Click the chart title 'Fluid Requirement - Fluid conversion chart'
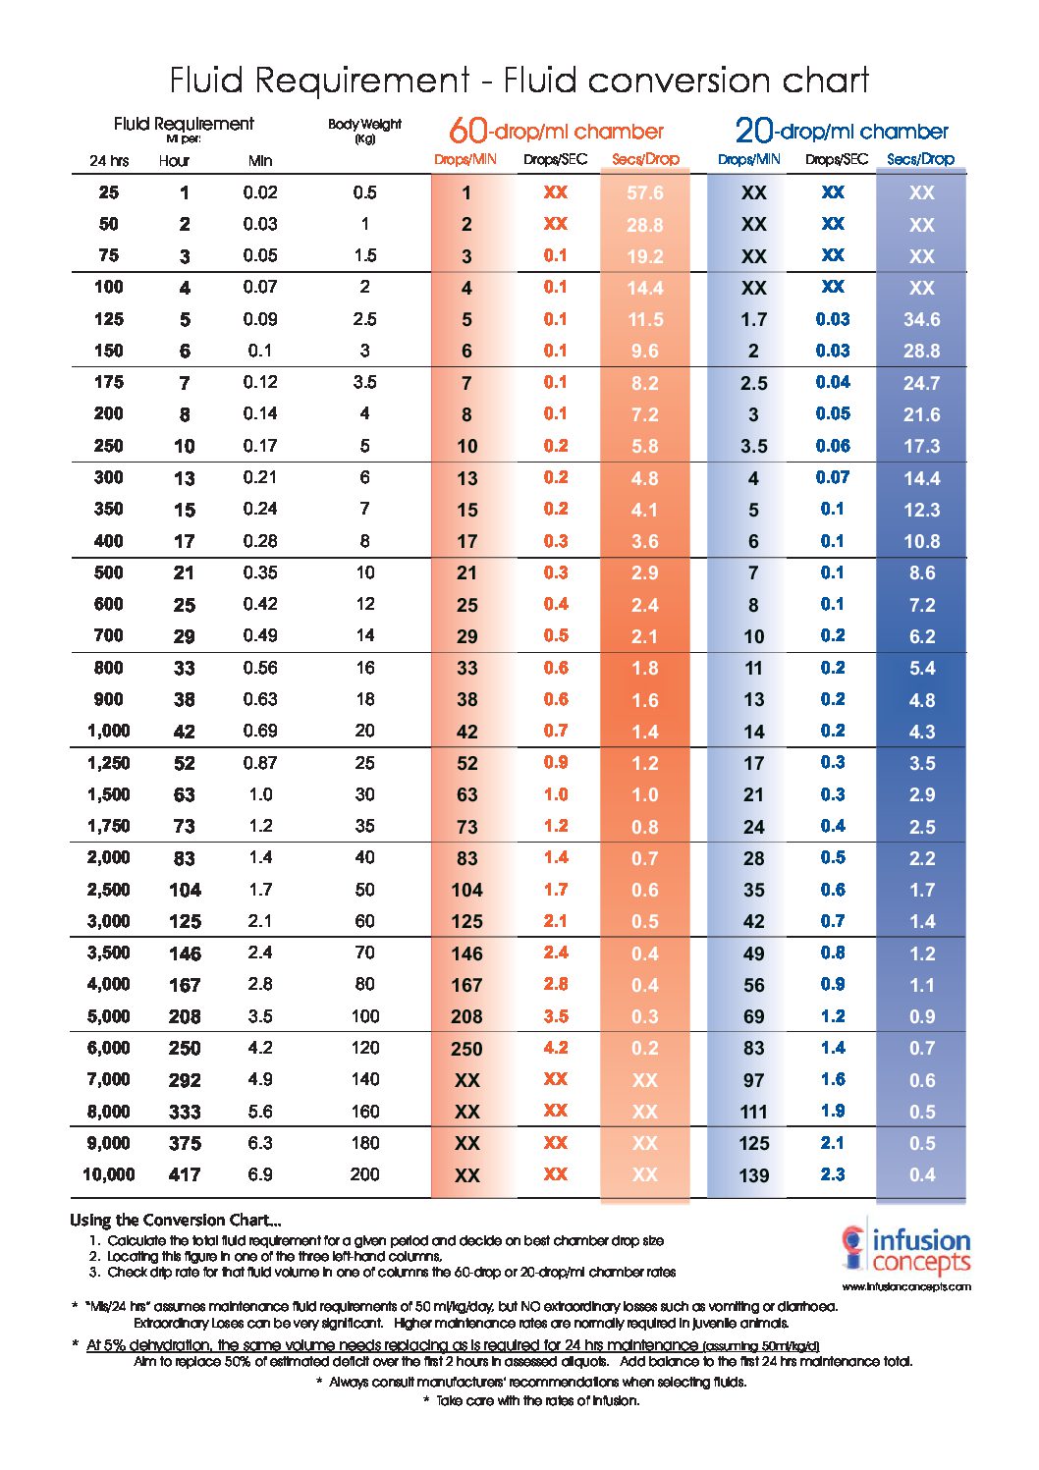[x=519, y=81]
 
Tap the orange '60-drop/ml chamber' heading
[x=556, y=131]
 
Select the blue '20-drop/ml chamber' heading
[x=842, y=131]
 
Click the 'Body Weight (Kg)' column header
[x=364, y=130]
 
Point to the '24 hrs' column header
[x=109, y=161]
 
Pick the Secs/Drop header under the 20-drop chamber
[x=920, y=159]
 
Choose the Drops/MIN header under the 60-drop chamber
[x=465, y=159]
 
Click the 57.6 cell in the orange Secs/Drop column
[x=644, y=192]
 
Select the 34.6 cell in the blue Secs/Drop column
[x=921, y=319]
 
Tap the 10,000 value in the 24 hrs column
[x=109, y=1174]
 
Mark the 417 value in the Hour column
[x=185, y=1174]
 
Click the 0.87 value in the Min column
[x=260, y=763]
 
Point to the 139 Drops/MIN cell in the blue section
[x=753, y=1175]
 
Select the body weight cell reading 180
[x=365, y=1143]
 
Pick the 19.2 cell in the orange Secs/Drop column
[x=644, y=256]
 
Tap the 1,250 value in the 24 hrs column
[x=109, y=763]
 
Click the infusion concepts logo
[x=905, y=1251]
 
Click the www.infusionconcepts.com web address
[x=906, y=1287]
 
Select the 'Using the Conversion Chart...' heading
[x=176, y=1220]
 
